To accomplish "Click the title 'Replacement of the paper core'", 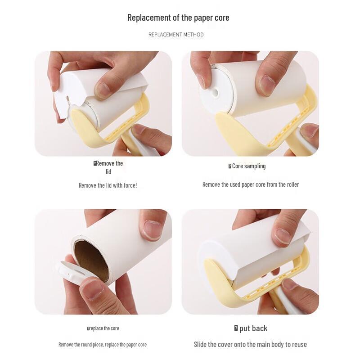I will coord(178,18).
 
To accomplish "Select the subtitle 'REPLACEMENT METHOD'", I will coord(176,35).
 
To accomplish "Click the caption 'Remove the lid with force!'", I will coord(108,185).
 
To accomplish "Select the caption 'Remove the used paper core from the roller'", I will coord(250,184).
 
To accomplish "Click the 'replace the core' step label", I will coord(103,328).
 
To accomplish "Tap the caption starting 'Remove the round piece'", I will coord(103,345).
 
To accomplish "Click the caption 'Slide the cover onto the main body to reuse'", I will coord(250,344).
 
